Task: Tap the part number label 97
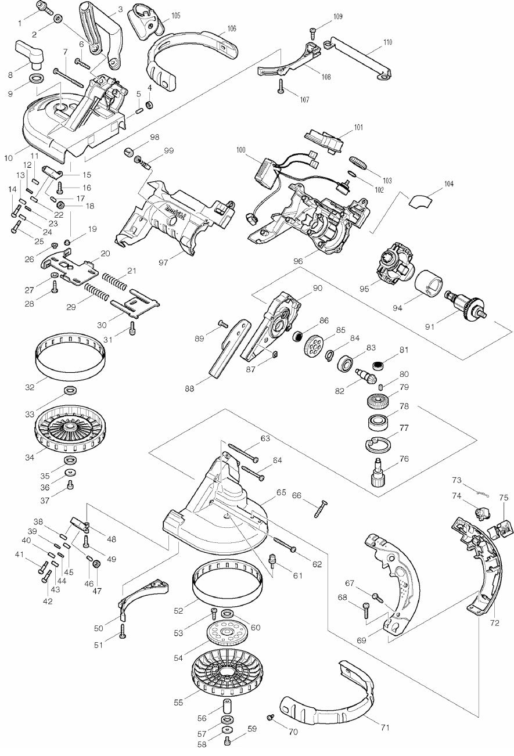coord(164,263)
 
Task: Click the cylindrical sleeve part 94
coord(430,285)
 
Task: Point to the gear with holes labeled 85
coord(314,347)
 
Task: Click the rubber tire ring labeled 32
coord(71,358)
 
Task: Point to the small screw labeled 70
coord(271,718)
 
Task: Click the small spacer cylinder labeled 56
coord(225,710)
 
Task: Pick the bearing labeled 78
coord(378,422)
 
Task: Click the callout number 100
coord(241,150)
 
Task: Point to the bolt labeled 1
coord(44,9)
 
